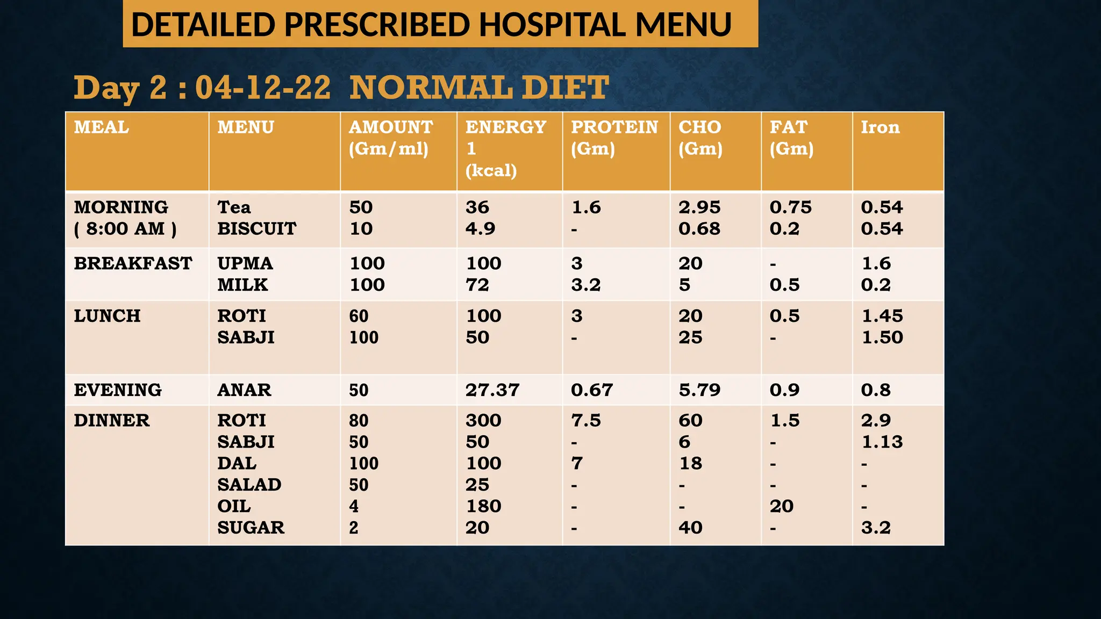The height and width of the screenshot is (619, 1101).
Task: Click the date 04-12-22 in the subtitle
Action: pos(263,88)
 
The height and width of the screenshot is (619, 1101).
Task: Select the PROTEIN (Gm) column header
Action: pos(614,138)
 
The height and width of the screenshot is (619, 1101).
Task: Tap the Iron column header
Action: pos(880,127)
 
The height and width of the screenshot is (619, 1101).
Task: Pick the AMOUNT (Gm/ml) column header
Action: pos(391,138)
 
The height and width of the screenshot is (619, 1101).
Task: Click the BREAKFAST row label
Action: pos(133,263)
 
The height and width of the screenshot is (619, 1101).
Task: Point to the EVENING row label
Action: pos(118,390)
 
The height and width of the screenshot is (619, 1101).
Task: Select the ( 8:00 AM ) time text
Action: pos(125,229)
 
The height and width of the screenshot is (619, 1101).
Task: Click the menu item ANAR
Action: pos(244,390)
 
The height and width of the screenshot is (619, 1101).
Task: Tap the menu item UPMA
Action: pos(245,263)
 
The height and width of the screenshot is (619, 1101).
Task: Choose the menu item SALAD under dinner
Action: pos(249,485)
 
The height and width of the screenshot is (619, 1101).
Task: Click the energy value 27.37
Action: pos(492,390)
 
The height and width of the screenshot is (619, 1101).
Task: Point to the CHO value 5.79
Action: pos(699,390)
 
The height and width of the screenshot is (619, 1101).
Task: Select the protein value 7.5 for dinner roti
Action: pos(586,420)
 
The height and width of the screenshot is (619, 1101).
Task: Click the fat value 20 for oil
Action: pos(781,506)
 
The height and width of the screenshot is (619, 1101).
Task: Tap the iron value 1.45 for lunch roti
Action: pos(882,316)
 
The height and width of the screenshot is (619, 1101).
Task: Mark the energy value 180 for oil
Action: pos(483,506)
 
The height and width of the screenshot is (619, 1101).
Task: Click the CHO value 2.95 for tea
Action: pos(699,207)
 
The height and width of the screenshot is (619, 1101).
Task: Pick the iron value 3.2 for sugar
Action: pos(876,528)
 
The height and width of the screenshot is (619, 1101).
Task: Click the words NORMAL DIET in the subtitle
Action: pos(479,88)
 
